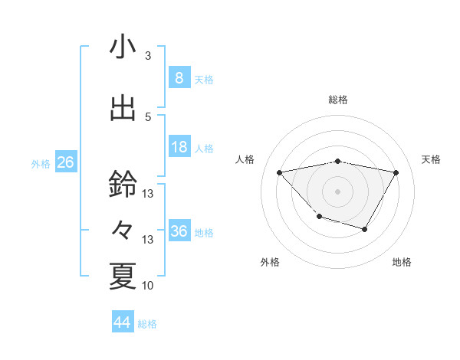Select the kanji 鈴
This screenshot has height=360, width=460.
pos(123,184)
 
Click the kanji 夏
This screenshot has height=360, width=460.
pos(123,276)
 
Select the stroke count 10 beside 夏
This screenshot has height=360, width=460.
pos(148,286)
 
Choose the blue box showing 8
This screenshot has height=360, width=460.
pos(179,78)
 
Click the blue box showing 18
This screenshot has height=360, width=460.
pos(179,147)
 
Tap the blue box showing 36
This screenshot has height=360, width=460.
pos(179,231)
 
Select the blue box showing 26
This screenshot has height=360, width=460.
pos(65,162)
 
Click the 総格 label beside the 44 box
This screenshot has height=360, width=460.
pos(147,324)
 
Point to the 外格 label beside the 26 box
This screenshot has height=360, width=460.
pos(41,163)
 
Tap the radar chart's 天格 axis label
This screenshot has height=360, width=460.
pos(431,159)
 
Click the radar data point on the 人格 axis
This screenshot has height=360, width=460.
pos(280,172)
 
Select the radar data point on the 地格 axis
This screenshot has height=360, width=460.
pos(365,229)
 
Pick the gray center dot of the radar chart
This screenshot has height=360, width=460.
pos(338,191)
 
